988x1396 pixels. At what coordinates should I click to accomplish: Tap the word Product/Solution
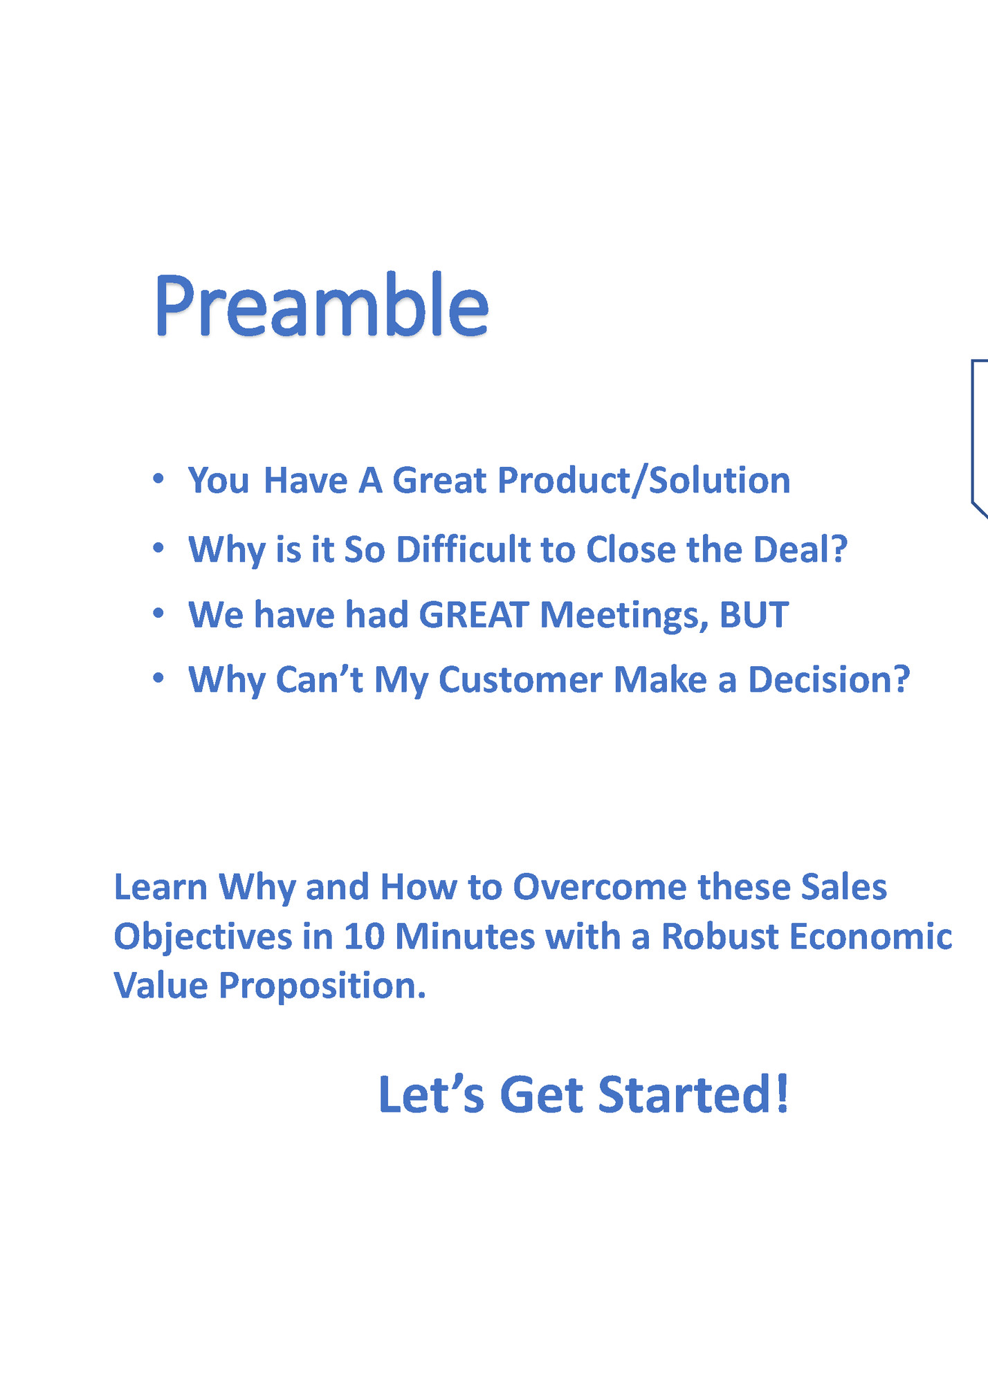pyautogui.click(x=643, y=480)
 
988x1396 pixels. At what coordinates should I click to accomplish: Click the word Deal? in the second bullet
pyautogui.click(x=800, y=550)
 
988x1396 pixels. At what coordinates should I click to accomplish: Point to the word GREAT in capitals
pyautogui.click(x=474, y=615)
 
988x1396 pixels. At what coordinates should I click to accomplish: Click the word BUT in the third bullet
pyautogui.click(x=753, y=615)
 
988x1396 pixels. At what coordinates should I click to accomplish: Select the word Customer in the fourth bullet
pyautogui.click(x=520, y=680)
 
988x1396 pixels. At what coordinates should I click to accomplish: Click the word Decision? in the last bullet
pyautogui.click(x=828, y=680)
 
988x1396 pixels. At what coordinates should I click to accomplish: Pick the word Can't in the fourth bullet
pyautogui.click(x=319, y=680)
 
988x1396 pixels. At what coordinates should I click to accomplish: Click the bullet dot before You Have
pyautogui.click(x=158, y=479)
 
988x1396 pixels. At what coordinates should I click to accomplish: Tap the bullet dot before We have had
pyautogui.click(x=158, y=613)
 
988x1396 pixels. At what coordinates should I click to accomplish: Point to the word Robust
pyautogui.click(x=720, y=937)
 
